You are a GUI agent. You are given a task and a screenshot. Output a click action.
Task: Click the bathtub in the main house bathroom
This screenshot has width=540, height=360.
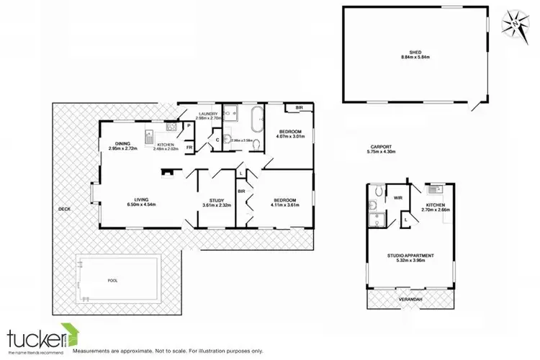[x=254, y=117]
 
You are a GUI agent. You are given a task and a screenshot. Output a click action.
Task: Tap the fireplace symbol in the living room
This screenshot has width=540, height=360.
[x=168, y=172]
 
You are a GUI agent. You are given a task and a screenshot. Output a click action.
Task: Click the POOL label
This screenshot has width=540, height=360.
[x=111, y=281]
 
